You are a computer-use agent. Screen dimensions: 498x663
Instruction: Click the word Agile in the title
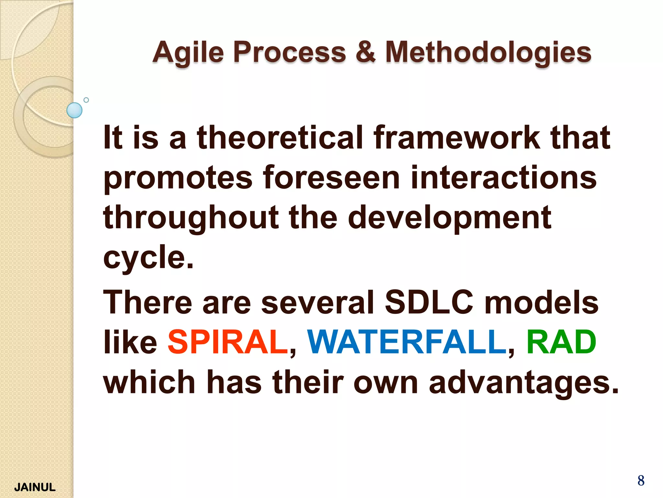pyautogui.click(x=188, y=53)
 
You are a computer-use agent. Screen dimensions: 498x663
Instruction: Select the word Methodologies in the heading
pyautogui.click(x=488, y=53)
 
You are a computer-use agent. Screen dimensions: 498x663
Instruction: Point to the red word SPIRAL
pyautogui.click(x=228, y=342)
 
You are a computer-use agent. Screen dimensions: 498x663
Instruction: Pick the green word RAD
pyautogui.click(x=561, y=342)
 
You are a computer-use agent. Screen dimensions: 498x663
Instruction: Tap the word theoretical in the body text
pyautogui.click(x=280, y=138)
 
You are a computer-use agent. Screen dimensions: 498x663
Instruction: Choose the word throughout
pyautogui.click(x=191, y=218)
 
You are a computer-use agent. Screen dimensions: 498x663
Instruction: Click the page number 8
pyautogui.click(x=641, y=480)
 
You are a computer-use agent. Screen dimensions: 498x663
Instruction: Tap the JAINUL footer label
pyautogui.click(x=35, y=487)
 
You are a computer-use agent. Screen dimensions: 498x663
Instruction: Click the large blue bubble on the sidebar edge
pyautogui.click(x=74, y=110)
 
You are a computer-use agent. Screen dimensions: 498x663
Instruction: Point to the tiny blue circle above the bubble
pyautogui.click(x=86, y=100)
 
